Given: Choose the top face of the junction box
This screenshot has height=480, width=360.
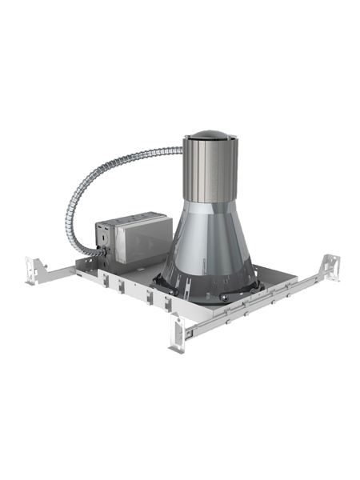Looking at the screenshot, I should [x=132, y=218].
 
